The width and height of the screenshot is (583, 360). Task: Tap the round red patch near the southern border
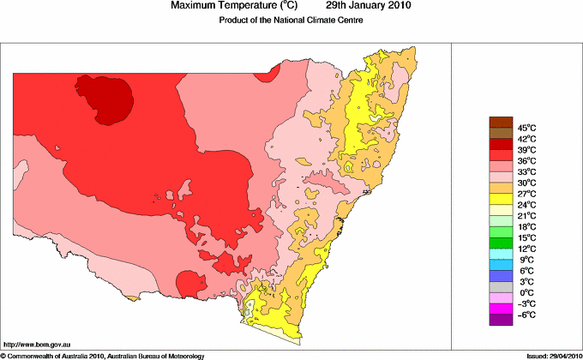click(188, 281)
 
